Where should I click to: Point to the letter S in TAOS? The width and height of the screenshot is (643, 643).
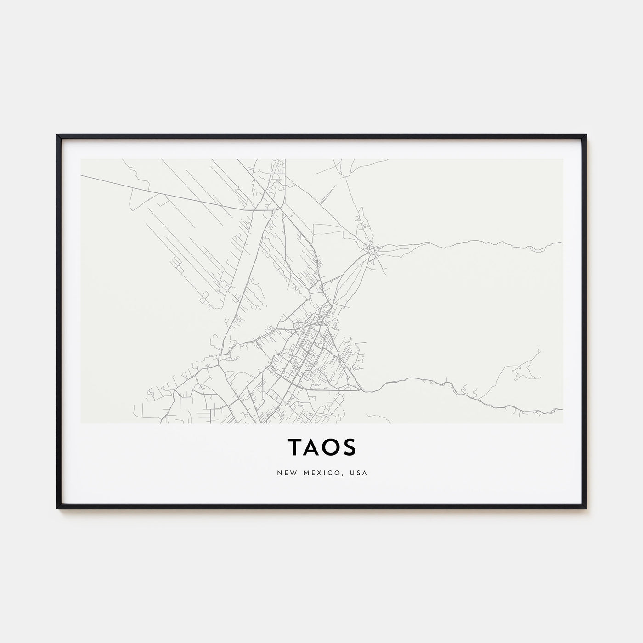350,447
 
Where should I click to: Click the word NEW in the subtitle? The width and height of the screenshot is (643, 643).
284,473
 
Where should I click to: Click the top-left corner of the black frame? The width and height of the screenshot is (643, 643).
57,135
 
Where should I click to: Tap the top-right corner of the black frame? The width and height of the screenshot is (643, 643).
586,135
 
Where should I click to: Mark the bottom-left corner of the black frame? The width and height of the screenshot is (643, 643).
57,508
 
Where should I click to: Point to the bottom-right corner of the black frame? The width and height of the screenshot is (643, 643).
586,508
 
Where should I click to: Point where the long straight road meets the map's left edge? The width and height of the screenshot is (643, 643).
81,175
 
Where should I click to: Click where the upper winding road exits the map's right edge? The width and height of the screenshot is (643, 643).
562,243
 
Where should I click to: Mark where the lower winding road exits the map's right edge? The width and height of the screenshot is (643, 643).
562,409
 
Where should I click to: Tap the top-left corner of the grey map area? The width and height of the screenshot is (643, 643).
81,159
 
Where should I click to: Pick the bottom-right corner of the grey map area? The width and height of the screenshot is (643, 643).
563,423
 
